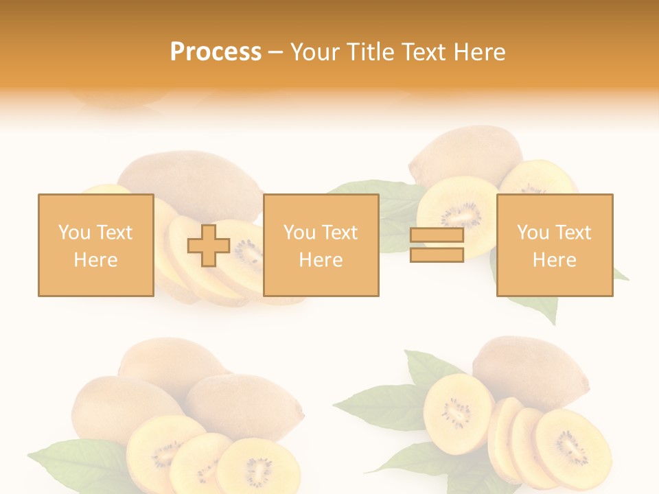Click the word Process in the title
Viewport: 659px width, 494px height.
(x=216, y=52)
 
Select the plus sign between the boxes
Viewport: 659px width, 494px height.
(x=209, y=246)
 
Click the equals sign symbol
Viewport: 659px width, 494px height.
(x=437, y=245)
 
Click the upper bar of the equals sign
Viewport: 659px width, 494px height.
(x=437, y=236)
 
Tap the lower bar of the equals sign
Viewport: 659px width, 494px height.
(x=437, y=255)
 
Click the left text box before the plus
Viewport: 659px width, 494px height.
(x=95, y=245)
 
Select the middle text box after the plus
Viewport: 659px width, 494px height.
(x=321, y=245)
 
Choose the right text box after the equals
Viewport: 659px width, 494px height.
(x=554, y=245)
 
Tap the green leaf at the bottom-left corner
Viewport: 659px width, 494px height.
(x=65, y=467)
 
